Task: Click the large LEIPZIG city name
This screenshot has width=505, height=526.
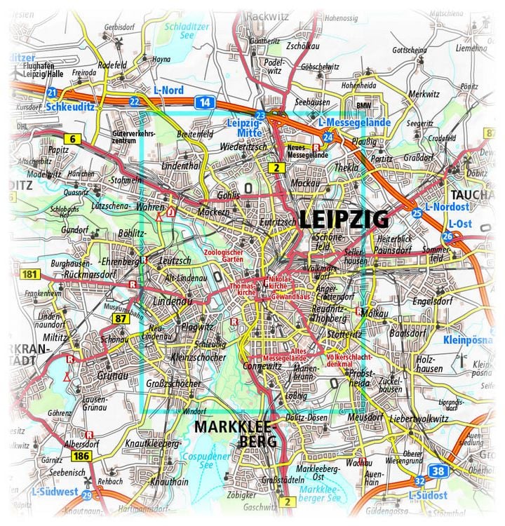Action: click(x=344, y=220)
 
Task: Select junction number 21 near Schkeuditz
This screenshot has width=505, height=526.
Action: click(x=51, y=92)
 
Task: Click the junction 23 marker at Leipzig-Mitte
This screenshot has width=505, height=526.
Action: click(x=260, y=115)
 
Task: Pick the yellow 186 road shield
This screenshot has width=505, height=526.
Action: click(x=80, y=457)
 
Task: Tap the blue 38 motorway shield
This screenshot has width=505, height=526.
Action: click(x=438, y=471)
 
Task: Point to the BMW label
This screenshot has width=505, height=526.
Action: click(x=363, y=105)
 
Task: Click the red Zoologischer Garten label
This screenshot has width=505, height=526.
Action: click(x=222, y=255)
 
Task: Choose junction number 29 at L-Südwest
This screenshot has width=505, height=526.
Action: click(x=86, y=495)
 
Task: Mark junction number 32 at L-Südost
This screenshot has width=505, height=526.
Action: click(x=419, y=480)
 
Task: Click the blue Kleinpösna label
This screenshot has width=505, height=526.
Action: click(x=469, y=341)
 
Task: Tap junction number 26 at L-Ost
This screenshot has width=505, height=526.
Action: click(x=447, y=236)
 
